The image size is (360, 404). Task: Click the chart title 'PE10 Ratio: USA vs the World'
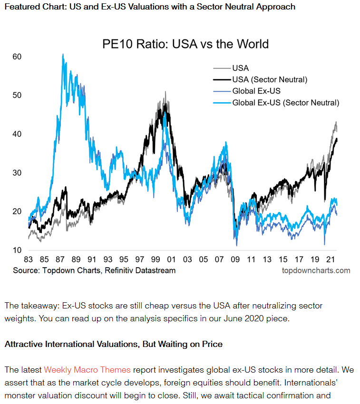[x=185, y=44]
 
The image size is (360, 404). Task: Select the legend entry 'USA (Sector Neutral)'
[x=270, y=79]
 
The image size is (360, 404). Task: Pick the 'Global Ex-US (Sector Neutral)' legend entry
[x=285, y=102]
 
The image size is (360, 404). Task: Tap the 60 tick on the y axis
[x=17, y=57]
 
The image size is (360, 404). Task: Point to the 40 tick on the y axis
[x=17, y=134]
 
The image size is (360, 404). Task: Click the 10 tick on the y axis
[x=17, y=250]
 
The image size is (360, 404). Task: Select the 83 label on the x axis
[x=28, y=260]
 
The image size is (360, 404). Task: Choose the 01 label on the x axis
[x=171, y=260]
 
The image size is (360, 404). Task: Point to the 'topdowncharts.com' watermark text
[x=316, y=270]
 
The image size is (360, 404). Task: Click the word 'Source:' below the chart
[x=26, y=270]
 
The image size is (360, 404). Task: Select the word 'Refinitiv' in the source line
[x=123, y=270]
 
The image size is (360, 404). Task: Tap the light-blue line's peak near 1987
[x=63, y=55]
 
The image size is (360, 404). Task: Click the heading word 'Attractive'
[x=24, y=344]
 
